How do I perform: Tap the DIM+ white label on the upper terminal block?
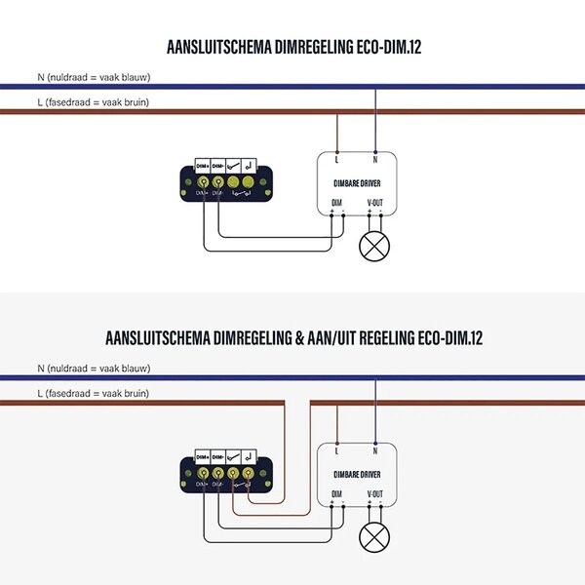pyautogui.click(x=203, y=166)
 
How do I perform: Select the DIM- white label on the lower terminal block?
pyautogui.click(x=219, y=456)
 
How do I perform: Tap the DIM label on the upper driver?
pyautogui.click(x=337, y=203)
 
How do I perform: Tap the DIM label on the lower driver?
pyautogui.click(x=337, y=493)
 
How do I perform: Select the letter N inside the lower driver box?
pyautogui.click(x=375, y=450)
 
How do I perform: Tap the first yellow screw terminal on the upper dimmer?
pyautogui.click(x=203, y=181)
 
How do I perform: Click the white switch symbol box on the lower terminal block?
pyautogui.click(x=235, y=456)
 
